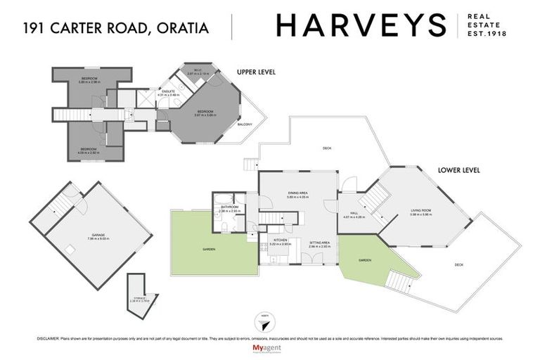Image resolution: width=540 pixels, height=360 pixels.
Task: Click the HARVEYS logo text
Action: (361, 26)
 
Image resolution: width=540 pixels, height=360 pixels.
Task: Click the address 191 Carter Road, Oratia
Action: (116, 28)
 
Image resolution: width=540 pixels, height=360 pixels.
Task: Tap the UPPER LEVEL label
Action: (255, 72)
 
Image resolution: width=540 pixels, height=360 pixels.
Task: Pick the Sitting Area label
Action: (320, 243)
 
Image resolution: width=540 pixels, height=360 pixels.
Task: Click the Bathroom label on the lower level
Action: (229, 207)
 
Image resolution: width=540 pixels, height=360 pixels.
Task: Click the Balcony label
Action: (245, 124)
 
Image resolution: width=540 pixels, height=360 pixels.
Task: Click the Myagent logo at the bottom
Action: (264, 348)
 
